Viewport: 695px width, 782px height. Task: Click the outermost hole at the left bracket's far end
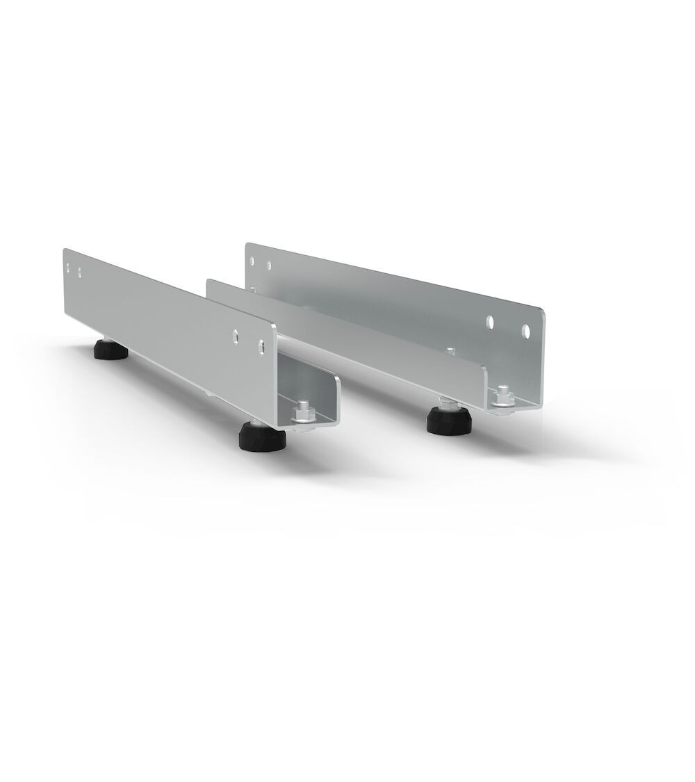67,265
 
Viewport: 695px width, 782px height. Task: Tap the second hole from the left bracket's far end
80,269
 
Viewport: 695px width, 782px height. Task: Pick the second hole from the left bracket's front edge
236,334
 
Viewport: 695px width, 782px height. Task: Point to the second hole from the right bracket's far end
270,264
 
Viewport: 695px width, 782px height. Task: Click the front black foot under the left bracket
259,437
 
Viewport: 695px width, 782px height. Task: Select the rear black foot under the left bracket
111,351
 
